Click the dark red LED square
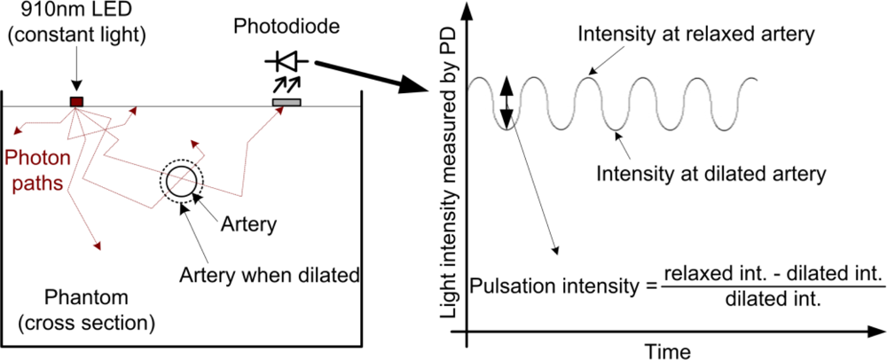click(x=77, y=102)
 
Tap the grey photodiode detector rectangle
click(x=286, y=103)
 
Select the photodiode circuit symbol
click(x=286, y=61)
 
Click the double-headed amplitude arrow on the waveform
click(x=506, y=103)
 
